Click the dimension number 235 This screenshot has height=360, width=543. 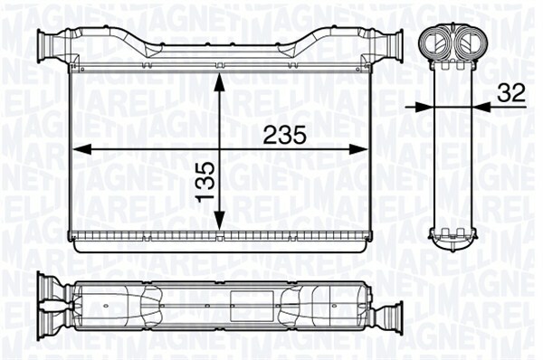pos(285,135)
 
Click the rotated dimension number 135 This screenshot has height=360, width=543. pos(205,182)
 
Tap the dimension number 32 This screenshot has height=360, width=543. pos(511,93)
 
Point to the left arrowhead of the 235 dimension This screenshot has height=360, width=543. pos(81,149)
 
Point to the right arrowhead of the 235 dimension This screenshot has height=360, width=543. pos(357,149)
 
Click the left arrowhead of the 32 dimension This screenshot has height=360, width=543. pos(424,108)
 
